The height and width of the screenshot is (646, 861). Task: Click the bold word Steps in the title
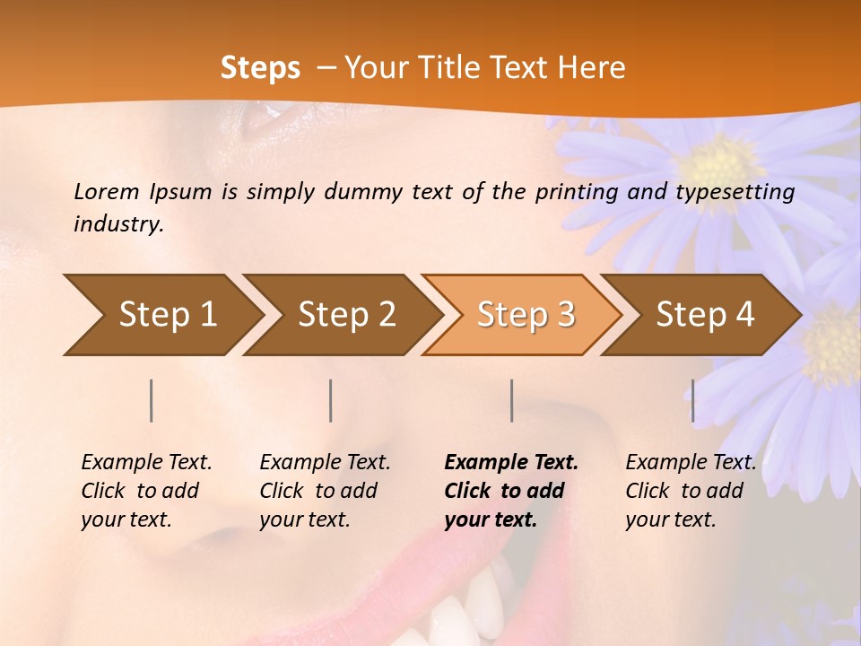[260, 68]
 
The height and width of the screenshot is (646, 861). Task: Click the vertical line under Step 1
[152, 400]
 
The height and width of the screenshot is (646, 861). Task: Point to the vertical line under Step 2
[331, 400]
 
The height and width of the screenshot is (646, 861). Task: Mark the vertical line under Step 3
[511, 400]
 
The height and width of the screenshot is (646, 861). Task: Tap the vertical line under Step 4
[692, 400]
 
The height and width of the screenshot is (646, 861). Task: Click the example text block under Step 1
[146, 491]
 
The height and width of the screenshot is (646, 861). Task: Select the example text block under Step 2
[325, 491]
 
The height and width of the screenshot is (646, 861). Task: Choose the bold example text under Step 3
[511, 491]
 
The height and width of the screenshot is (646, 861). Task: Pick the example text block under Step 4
[691, 491]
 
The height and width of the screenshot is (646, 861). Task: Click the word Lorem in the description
[107, 191]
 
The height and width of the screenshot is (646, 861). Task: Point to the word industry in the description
[118, 223]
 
